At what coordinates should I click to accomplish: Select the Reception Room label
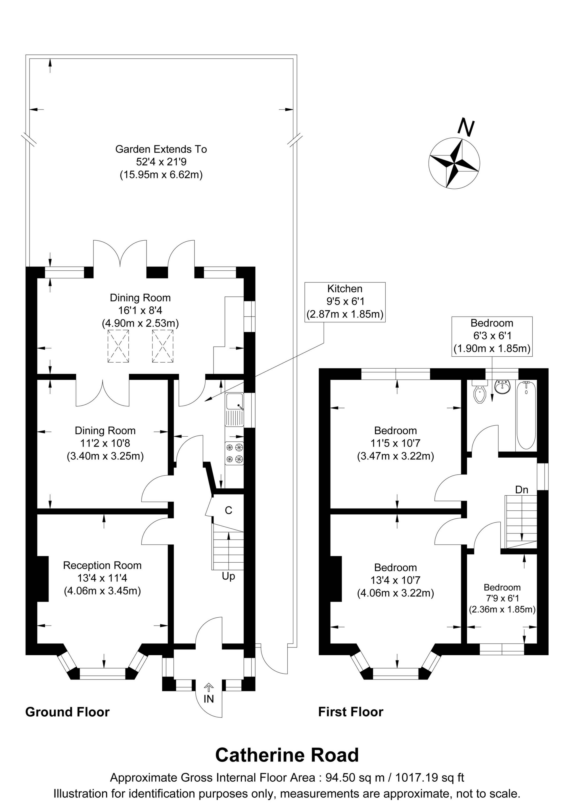(x=102, y=565)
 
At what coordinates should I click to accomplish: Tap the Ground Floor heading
(x=67, y=712)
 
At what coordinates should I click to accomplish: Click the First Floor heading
(x=350, y=712)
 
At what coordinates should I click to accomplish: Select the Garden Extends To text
(x=161, y=149)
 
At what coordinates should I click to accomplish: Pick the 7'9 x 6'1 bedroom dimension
(x=502, y=598)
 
